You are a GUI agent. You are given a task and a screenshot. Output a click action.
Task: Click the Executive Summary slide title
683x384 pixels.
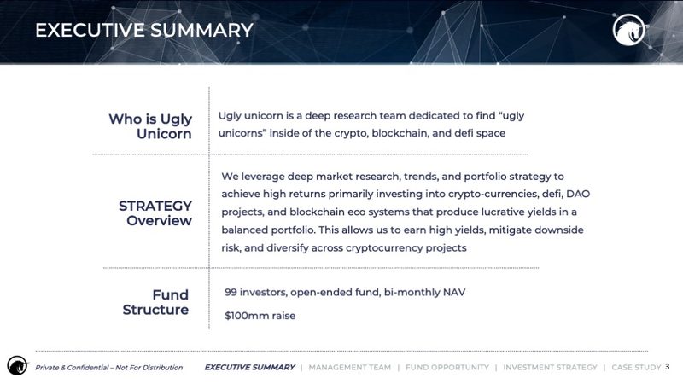[x=144, y=30]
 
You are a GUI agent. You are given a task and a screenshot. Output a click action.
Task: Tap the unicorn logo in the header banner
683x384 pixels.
[x=628, y=30]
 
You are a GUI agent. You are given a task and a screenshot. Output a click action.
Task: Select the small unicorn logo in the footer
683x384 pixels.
[x=17, y=365]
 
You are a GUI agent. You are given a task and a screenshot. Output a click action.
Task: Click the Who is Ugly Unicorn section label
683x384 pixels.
[x=150, y=126]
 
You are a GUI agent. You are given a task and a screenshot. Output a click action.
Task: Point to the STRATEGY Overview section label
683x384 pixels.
[x=155, y=212]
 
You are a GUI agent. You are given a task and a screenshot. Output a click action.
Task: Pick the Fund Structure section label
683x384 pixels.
[x=155, y=302]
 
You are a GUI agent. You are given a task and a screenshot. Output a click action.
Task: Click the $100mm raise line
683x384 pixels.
[x=260, y=316]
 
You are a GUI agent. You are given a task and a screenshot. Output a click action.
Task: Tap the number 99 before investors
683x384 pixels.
[x=231, y=292]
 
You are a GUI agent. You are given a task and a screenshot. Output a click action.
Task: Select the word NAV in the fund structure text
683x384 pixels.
[x=454, y=292]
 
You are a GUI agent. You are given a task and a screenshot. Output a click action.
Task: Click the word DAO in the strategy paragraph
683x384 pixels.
[x=578, y=194]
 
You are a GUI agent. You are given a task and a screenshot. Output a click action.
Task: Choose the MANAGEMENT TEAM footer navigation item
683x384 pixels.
[x=350, y=368]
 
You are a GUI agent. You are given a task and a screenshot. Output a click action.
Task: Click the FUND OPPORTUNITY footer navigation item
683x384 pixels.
[x=447, y=368]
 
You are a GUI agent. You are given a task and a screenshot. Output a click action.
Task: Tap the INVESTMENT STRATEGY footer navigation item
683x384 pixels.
[x=550, y=368]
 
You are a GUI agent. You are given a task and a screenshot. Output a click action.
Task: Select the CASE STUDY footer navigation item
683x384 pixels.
[x=636, y=368]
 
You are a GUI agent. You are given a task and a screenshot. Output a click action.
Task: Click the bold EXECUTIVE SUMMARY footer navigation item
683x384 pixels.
[x=249, y=368]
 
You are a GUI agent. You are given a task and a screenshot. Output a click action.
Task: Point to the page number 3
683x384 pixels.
[x=668, y=367]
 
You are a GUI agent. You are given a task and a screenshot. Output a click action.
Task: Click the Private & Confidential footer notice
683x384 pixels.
[x=109, y=368]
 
